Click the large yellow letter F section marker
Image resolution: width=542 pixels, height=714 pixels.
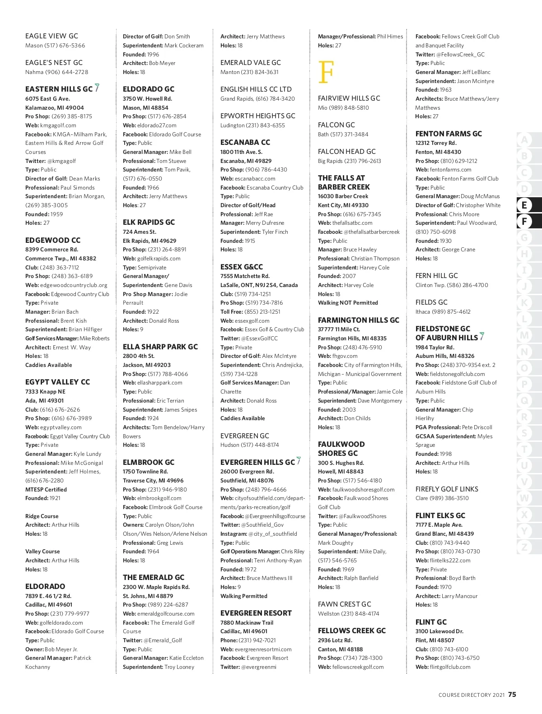(326, 72)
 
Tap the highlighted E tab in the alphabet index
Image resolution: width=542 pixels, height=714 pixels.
(524, 205)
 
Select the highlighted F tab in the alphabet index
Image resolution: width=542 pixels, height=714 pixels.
(524, 222)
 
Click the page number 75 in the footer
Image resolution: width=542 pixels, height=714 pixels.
(512, 695)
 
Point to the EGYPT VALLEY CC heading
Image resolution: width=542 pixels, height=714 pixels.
(57, 382)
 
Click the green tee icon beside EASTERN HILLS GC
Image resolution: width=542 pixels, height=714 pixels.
(97, 88)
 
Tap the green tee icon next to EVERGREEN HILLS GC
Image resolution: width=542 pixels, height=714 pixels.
(299, 461)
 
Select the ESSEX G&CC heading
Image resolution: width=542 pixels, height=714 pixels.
(241, 267)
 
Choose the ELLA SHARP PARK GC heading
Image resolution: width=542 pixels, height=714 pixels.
(160, 347)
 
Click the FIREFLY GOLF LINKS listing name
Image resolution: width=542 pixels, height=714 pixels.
(446, 489)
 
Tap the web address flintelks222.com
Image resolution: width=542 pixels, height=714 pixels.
(450, 561)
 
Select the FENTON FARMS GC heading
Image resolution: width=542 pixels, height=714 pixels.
(449, 134)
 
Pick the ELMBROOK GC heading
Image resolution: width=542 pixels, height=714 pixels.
(148, 462)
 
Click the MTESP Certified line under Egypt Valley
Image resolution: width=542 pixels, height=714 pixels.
(46, 490)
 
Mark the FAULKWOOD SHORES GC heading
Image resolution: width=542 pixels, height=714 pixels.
(341, 449)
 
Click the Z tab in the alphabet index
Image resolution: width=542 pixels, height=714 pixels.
(524, 547)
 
